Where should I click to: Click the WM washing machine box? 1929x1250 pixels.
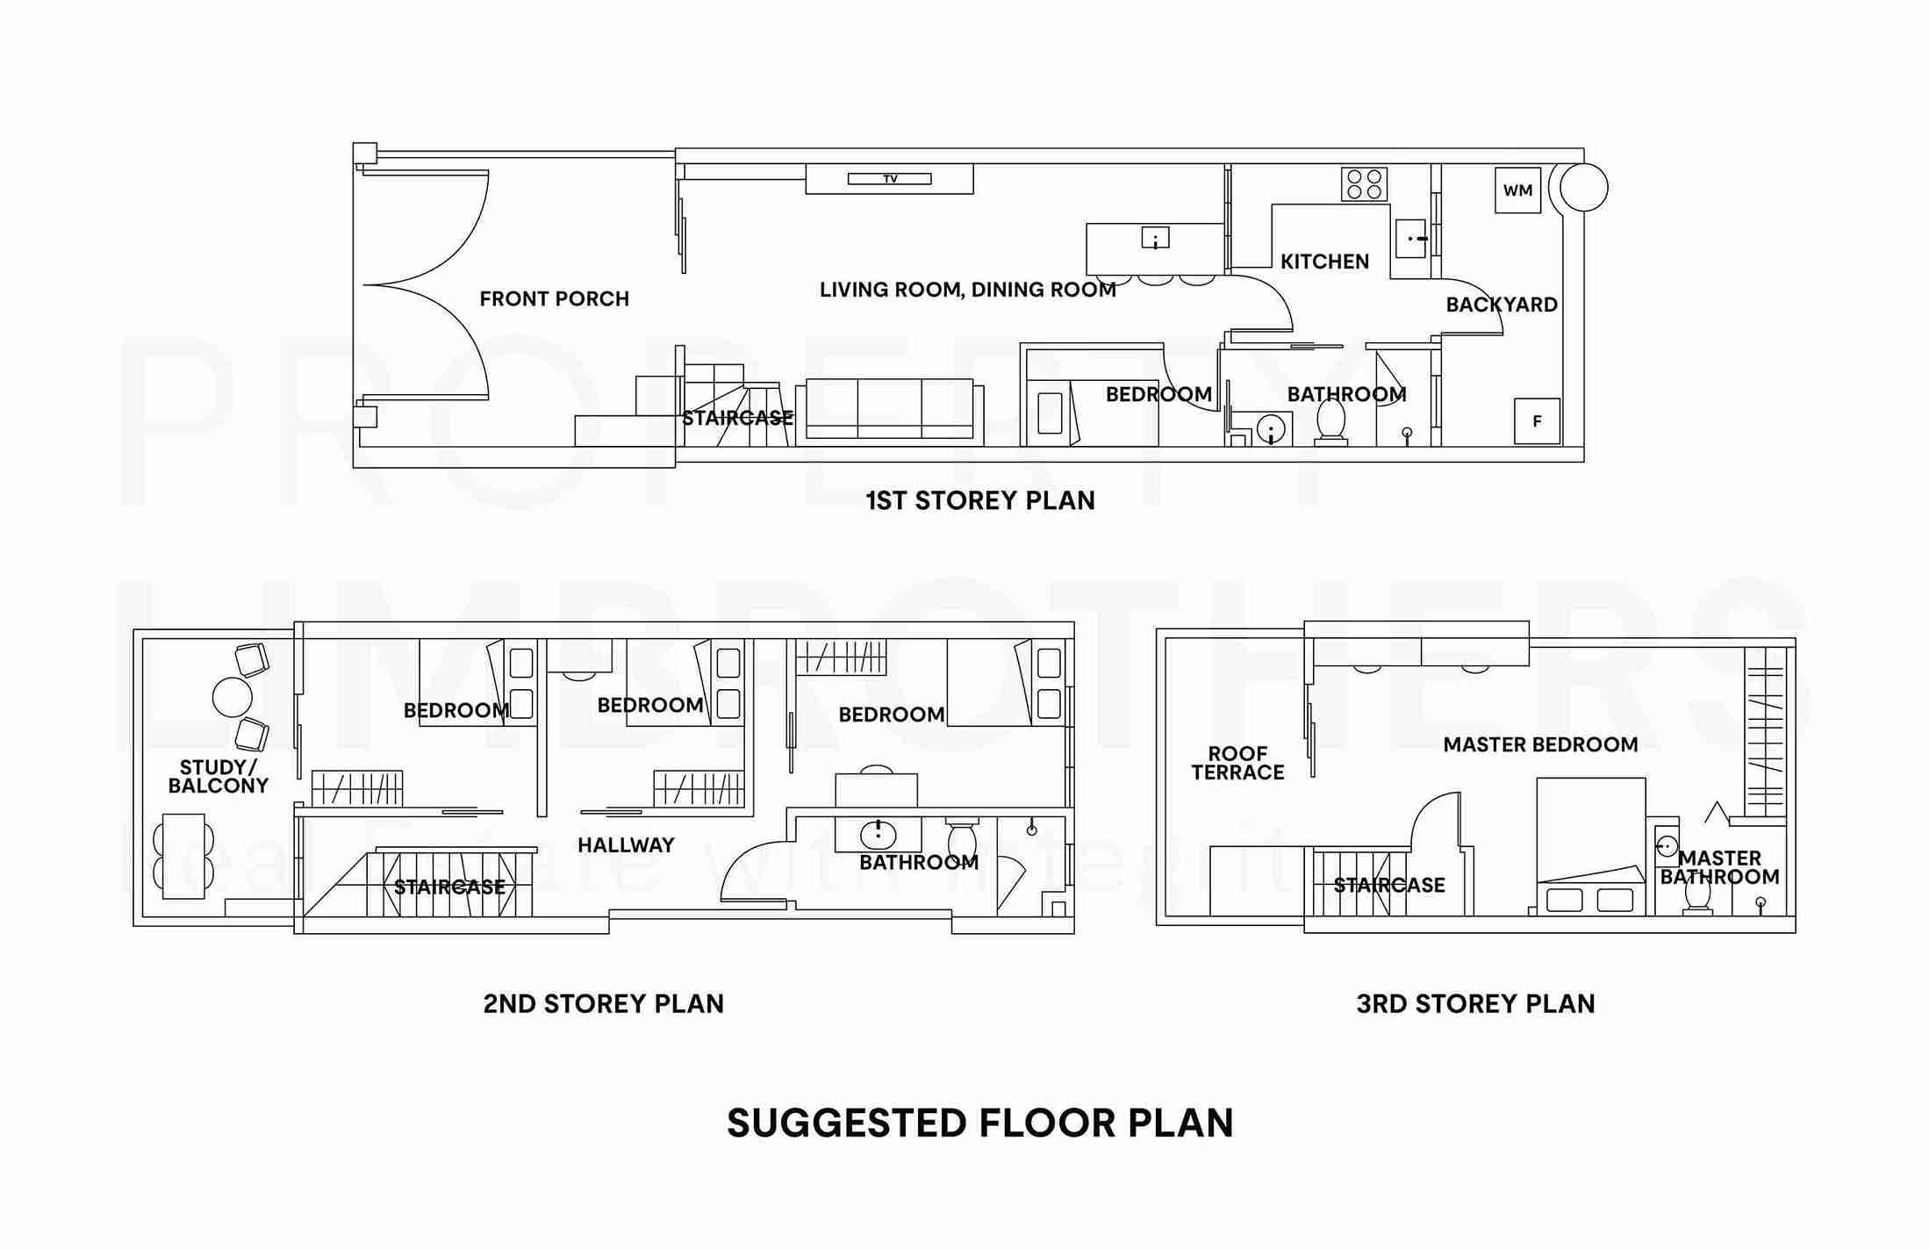point(1517,190)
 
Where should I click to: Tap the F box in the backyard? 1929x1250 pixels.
point(1537,421)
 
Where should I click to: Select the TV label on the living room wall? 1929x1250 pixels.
point(890,179)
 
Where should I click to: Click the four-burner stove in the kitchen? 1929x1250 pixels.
point(1364,184)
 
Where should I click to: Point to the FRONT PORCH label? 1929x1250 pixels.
point(554,299)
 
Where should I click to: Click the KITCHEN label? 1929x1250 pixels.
point(1324,262)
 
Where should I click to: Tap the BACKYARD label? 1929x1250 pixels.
point(1502,305)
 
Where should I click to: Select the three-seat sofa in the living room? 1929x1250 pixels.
point(890,408)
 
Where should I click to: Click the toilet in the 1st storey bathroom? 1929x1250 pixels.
point(1331,422)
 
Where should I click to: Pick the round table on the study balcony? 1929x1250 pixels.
point(233,698)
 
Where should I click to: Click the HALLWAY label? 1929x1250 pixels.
point(626,845)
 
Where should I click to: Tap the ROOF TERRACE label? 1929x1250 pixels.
point(1237,764)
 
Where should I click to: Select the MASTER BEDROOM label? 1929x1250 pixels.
point(1540,745)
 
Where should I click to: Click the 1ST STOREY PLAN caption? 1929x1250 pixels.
point(980,501)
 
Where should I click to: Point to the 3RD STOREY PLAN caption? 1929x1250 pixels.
point(1475,1004)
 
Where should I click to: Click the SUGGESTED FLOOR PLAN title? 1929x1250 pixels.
point(979,1124)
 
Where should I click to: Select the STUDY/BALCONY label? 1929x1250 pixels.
point(218,777)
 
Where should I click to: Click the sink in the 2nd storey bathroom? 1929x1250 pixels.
point(878,833)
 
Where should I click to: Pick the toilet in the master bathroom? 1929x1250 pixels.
point(1697,894)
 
